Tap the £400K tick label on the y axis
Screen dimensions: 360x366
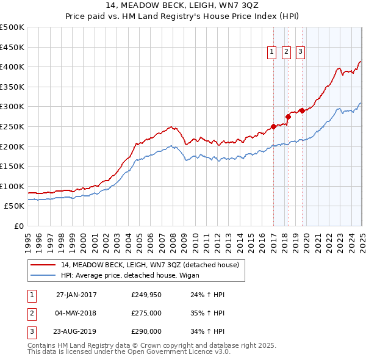click(12, 67)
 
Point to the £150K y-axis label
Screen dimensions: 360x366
click(12, 166)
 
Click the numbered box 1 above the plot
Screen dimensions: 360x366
click(271, 52)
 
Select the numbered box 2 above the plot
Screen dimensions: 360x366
click(286, 52)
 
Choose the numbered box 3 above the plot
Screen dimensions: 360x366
click(301, 52)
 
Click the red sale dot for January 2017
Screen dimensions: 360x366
click(274, 127)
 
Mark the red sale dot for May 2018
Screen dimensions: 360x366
click(288, 117)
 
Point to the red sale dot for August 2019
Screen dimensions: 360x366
click(302, 111)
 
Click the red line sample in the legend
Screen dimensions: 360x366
click(43, 265)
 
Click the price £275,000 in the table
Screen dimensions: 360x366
click(146, 314)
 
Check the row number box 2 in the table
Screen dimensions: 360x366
click(31, 314)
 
